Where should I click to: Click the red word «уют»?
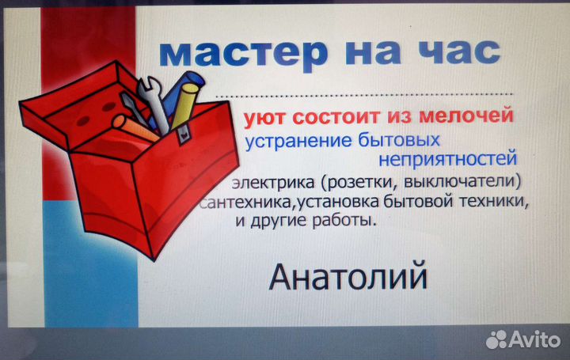(x=266, y=119)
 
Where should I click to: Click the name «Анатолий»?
(x=348, y=278)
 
